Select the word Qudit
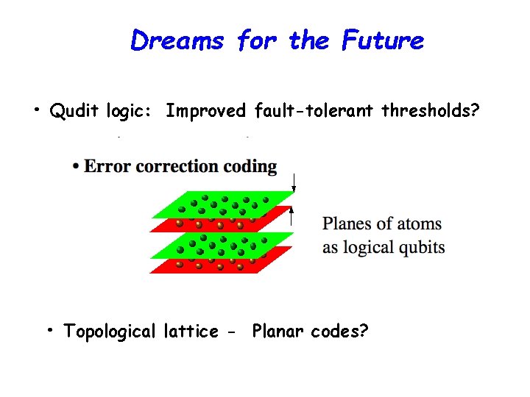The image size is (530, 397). click(74, 111)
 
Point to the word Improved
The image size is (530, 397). click(205, 111)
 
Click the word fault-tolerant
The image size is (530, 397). click(315, 111)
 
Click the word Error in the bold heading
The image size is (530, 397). click(104, 166)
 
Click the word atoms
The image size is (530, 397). click(417, 223)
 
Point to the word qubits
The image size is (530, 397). click(421, 247)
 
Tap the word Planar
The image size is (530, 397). click(279, 332)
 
